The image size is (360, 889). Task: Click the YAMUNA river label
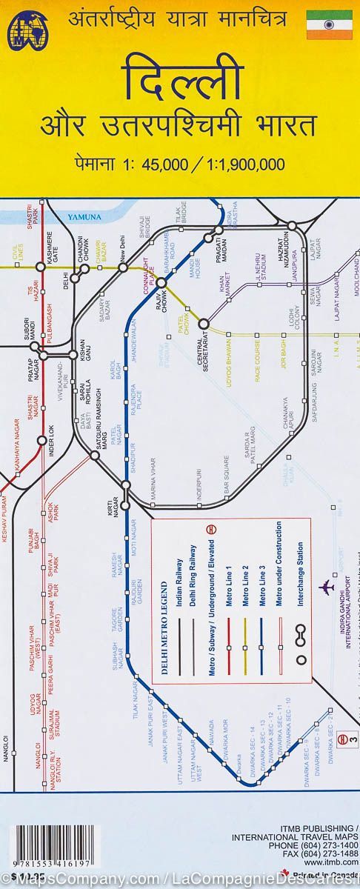[83, 217]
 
